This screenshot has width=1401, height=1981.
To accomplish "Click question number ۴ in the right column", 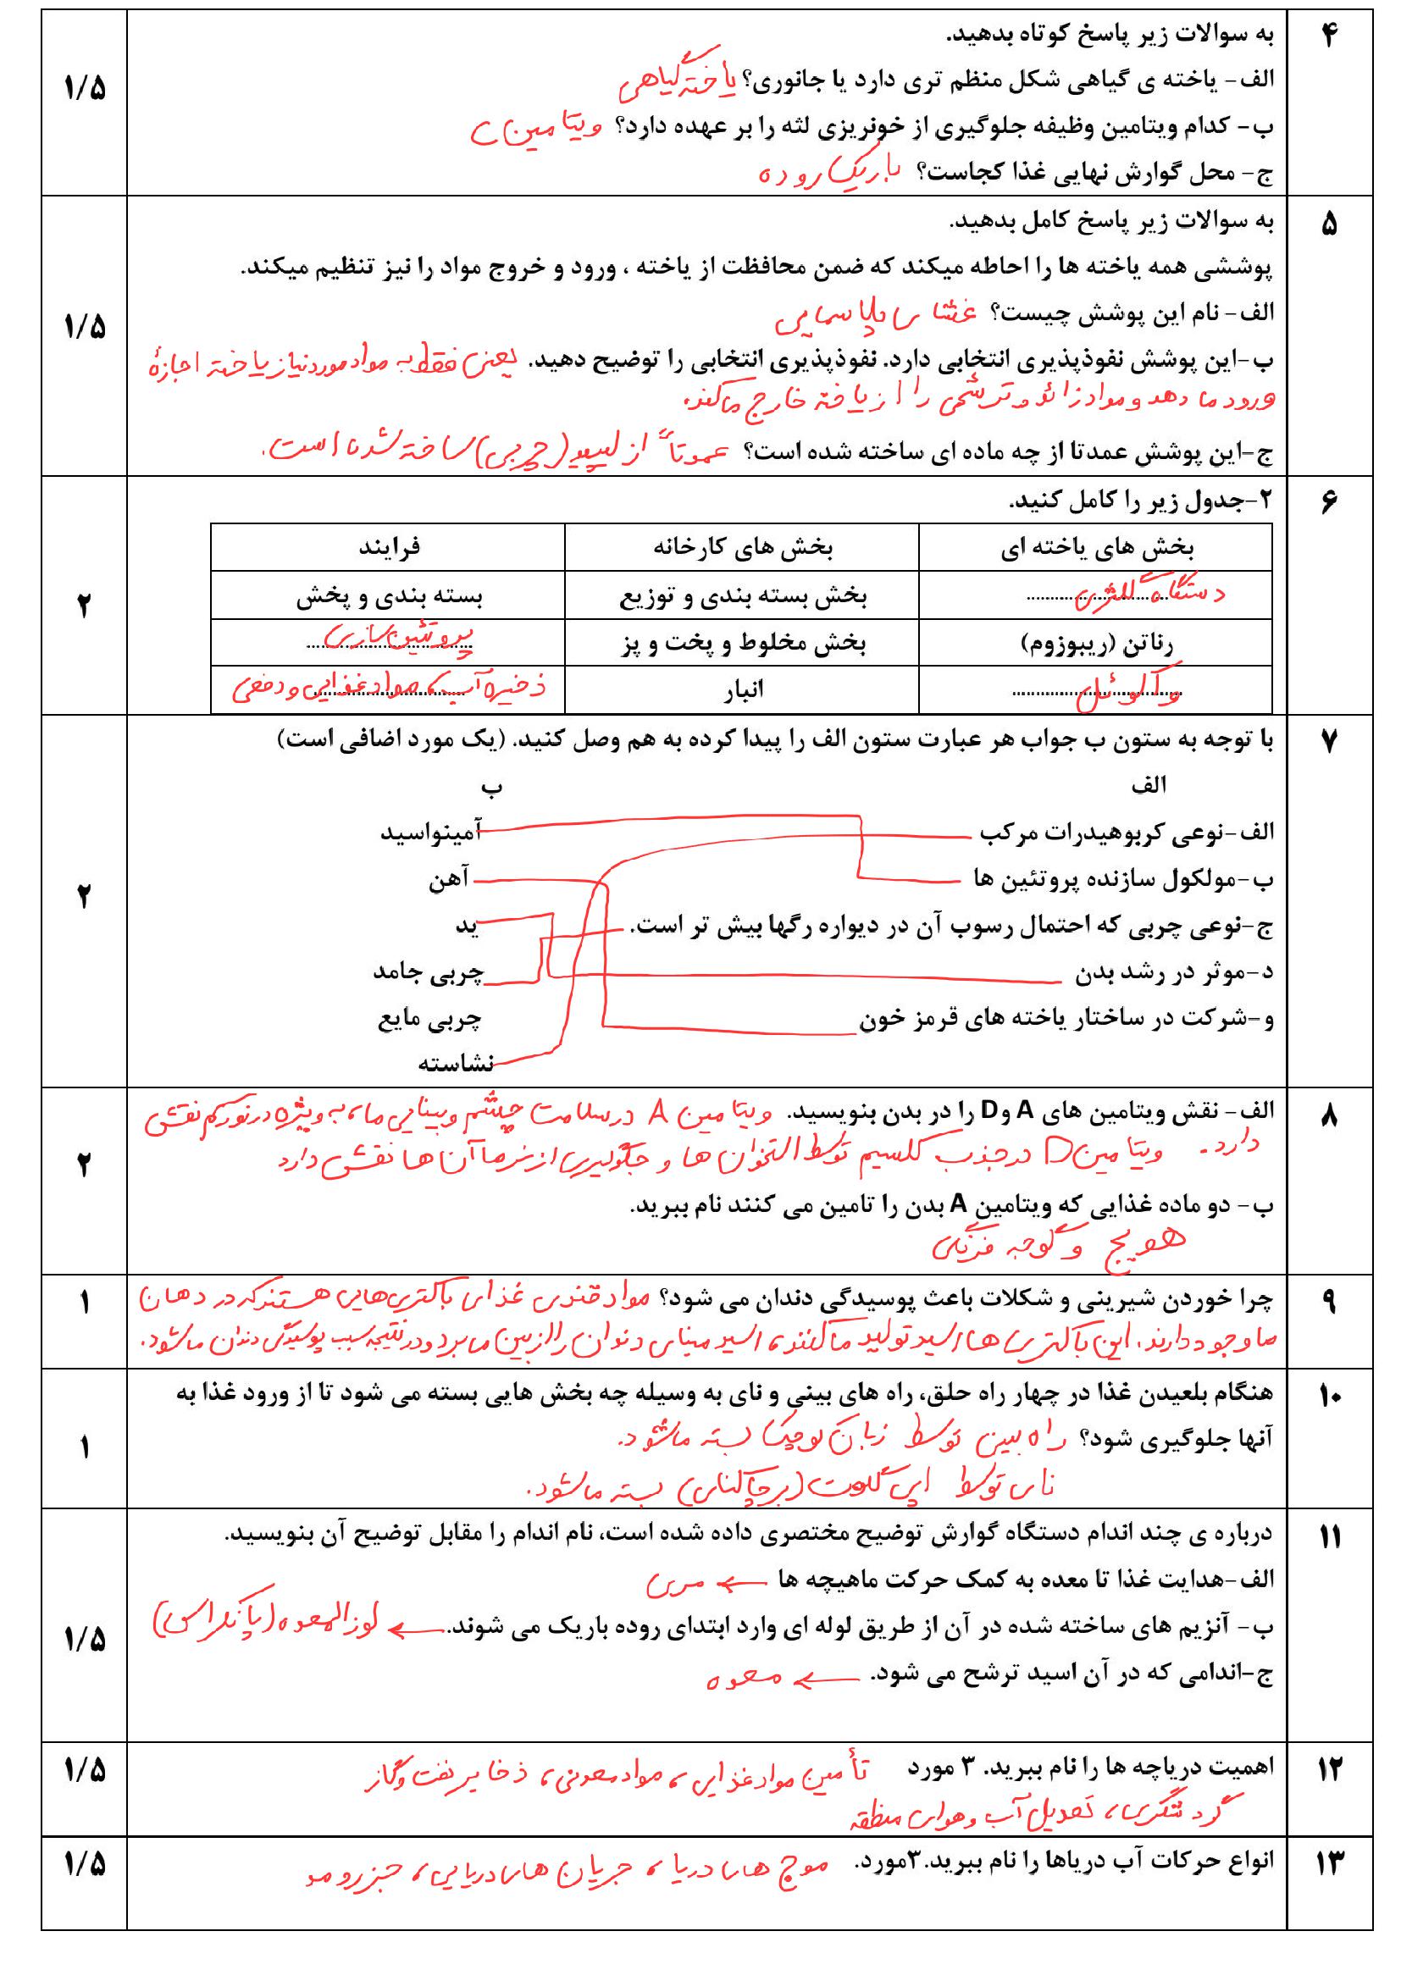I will (x=1328, y=37).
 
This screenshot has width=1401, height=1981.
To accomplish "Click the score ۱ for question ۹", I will (x=84, y=1303).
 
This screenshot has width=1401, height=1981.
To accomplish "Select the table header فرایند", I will (x=389, y=547).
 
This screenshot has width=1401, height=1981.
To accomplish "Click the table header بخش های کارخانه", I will (x=742, y=547).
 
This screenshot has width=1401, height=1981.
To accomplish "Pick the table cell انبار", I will (x=741, y=689).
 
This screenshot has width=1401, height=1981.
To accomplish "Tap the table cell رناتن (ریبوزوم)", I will (x=1096, y=644).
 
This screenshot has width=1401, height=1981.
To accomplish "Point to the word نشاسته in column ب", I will (x=456, y=1064).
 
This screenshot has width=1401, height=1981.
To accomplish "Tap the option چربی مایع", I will (x=429, y=1019).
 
